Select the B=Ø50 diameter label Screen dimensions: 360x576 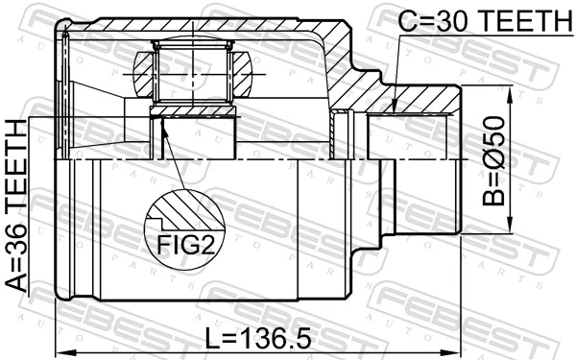pyautogui.click(x=494, y=161)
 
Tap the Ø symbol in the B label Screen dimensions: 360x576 pyautogui.click(x=494, y=152)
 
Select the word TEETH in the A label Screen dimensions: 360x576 pyautogui.click(x=16, y=163)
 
